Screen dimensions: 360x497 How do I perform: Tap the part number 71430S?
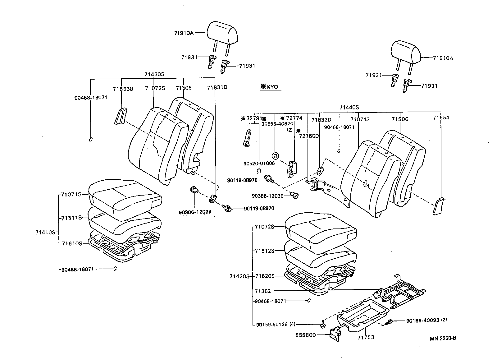[x=154, y=74]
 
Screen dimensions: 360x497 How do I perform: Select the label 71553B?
[x=123, y=89]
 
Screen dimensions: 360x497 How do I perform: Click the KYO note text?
[x=270, y=87]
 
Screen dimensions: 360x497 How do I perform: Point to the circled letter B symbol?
[x=275, y=156]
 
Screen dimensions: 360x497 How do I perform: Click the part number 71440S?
[x=349, y=108]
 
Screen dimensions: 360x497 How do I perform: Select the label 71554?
[x=441, y=118]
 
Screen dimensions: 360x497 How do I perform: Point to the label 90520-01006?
[x=259, y=164]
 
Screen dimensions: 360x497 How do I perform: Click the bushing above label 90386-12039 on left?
[x=194, y=189]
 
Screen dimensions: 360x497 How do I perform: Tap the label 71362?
[x=263, y=291]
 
